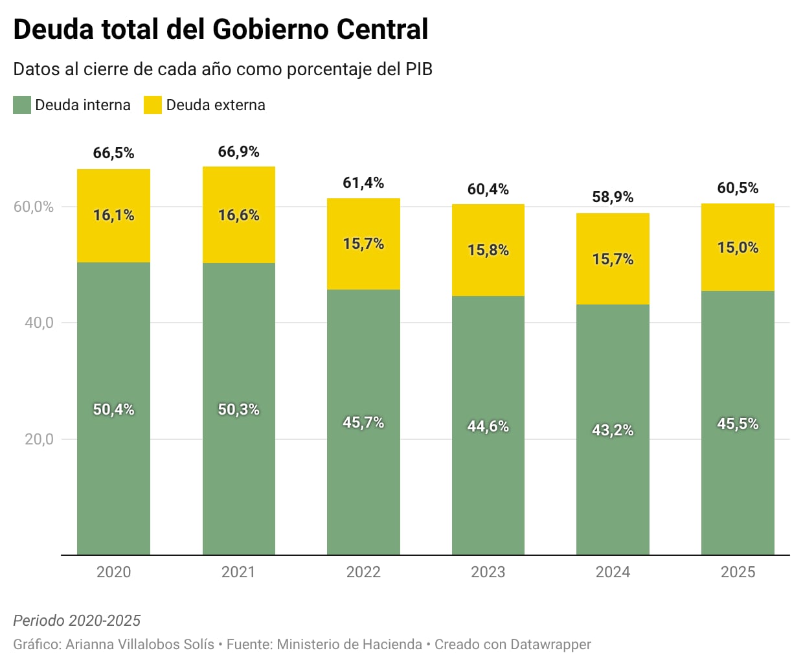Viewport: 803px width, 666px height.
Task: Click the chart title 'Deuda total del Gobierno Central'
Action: point(220,30)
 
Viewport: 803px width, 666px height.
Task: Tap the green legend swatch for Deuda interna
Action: point(22,105)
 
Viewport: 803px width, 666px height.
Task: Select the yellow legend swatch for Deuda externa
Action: point(153,105)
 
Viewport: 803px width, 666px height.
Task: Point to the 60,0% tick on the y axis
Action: point(34,207)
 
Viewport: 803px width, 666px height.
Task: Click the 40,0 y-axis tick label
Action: point(39,323)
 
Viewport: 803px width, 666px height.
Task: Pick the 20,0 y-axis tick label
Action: point(39,439)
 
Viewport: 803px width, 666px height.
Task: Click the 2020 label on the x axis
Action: point(113,572)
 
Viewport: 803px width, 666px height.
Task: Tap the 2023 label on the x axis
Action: point(488,572)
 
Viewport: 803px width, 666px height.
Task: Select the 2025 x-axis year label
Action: point(738,572)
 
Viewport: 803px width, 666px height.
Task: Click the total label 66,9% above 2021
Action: point(238,152)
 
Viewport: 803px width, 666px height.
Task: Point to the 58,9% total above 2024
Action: point(613,197)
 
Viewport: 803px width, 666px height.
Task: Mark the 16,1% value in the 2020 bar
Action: point(113,215)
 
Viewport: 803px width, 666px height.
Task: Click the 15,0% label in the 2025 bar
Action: point(738,247)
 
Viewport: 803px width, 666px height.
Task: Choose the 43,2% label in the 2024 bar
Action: point(613,430)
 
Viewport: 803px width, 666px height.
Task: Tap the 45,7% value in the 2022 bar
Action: point(363,422)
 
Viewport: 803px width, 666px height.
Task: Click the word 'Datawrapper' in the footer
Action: point(550,645)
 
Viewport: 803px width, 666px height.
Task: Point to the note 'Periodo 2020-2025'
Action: point(76,621)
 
